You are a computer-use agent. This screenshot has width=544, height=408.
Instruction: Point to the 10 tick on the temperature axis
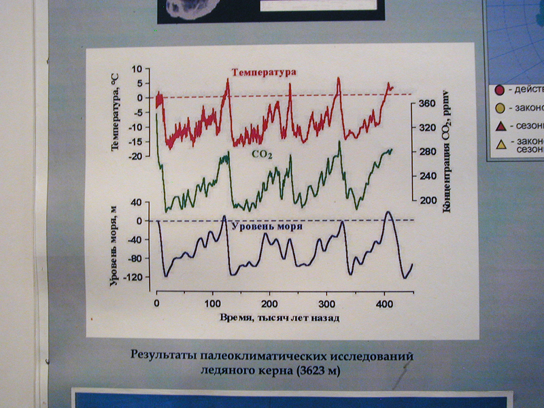(x=143, y=69)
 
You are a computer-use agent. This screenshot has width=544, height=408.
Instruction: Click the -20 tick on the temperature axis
(x=141, y=156)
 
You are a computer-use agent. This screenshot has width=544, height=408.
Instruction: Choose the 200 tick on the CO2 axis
(x=429, y=201)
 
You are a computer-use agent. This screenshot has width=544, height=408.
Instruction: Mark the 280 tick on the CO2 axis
(x=429, y=152)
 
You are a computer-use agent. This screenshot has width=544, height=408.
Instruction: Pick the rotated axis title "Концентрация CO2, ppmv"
(x=447, y=150)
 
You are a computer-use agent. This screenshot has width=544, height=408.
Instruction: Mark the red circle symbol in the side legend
(x=499, y=89)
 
